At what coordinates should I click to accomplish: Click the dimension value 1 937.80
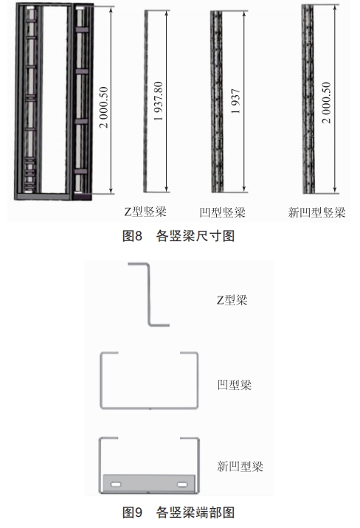tap(158, 101)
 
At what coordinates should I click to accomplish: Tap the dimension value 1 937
tap(235, 101)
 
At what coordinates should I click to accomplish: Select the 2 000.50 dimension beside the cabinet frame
tap(104, 108)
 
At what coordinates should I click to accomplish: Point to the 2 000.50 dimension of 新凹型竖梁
tap(326, 103)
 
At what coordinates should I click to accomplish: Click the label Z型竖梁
tap(145, 212)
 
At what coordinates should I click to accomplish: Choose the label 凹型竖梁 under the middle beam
tap(222, 212)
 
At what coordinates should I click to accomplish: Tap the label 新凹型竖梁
tap(316, 212)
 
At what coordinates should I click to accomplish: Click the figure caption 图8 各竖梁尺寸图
tap(179, 236)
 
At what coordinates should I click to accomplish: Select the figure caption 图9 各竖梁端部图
tap(179, 513)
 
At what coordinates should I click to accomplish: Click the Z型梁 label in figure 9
tap(232, 299)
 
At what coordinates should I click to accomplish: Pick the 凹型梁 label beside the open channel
tap(235, 384)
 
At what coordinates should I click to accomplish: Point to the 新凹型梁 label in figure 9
tap(240, 466)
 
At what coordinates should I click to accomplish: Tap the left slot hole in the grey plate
tap(116, 484)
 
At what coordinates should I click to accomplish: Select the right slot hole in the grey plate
tap(182, 484)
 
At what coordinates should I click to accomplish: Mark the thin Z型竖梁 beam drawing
tap(146, 101)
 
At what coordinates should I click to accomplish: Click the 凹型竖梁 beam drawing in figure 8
tap(217, 102)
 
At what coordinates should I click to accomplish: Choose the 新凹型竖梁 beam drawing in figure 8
tap(308, 99)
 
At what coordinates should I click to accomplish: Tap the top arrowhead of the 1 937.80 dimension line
tap(167, 13)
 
